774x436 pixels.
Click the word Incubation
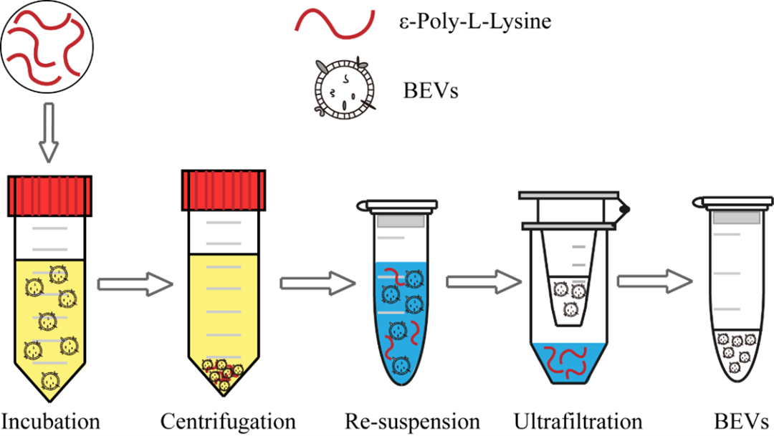click(50, 422)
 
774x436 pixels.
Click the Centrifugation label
click(228, 422)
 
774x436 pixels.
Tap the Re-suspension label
click(412, 422)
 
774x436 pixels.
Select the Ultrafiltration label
click(578, 422)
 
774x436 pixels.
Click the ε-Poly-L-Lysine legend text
click(475, 22)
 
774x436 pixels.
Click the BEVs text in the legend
click(431, 91)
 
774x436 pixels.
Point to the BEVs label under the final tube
click(741, 422)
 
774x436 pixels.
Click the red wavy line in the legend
click(334, 23)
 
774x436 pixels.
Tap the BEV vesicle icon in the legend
click(344, 89)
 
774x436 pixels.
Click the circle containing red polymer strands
click(47, 47)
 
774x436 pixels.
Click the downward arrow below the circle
click(49, 132)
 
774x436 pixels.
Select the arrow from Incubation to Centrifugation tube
click(135, 284)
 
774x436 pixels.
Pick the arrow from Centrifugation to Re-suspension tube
click(318, 283)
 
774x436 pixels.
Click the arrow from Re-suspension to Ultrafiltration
click(484, 282)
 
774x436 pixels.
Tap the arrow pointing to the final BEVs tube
click(655, 281)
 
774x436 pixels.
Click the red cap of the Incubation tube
click(49, 195)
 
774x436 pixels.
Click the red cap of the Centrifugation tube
click(224, 190)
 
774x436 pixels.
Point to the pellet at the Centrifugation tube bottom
click(224, 372)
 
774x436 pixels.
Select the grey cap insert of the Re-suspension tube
click(401, 221)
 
